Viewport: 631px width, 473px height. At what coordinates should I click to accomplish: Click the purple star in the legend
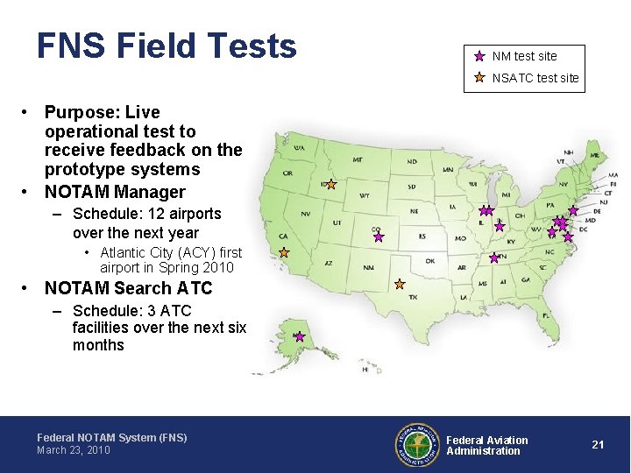pos(479,56)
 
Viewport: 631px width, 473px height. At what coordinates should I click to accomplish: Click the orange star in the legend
pos(479,77)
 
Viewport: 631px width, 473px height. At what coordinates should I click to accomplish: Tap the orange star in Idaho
pos(331,184)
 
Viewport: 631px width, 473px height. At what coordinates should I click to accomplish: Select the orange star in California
pos(284,251)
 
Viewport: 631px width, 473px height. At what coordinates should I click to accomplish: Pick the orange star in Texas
pos(399,284)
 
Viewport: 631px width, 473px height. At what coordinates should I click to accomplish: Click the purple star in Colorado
pos(379,236)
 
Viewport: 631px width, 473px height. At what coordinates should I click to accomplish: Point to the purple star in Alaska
pos(299,336)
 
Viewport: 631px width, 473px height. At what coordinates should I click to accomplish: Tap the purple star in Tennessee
pos(493,258)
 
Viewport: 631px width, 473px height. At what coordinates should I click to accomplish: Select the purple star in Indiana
pos(500,226)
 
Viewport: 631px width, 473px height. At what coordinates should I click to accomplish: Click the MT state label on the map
pos(358,160)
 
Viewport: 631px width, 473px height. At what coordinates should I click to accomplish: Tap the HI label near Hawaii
pos(365,370)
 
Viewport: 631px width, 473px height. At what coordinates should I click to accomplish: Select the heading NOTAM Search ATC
pos(128,288)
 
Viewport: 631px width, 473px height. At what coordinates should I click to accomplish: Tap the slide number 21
pos(598,445)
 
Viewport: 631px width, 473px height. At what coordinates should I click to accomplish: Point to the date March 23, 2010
pos(74,450)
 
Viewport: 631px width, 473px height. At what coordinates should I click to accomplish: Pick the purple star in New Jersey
pos(573,210)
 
